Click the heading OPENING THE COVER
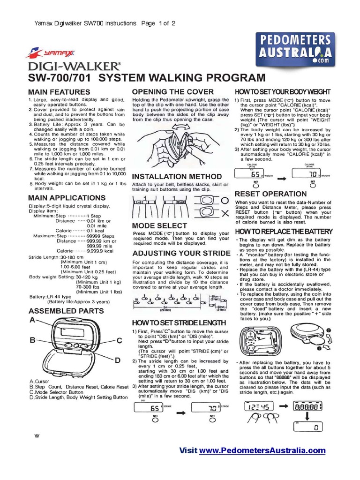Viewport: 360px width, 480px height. (172, 91)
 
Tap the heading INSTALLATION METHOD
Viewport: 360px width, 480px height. (177, 177)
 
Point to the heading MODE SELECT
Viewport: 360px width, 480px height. (160, 225)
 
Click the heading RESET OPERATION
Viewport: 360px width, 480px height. (270, 194)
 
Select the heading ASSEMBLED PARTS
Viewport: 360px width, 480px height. (66, 311)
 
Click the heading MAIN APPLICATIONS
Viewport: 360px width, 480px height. (67, 198)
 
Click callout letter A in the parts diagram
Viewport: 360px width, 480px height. (32, 320)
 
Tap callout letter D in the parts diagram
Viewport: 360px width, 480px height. (118, 360)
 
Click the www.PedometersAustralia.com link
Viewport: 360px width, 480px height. (262, 450)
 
